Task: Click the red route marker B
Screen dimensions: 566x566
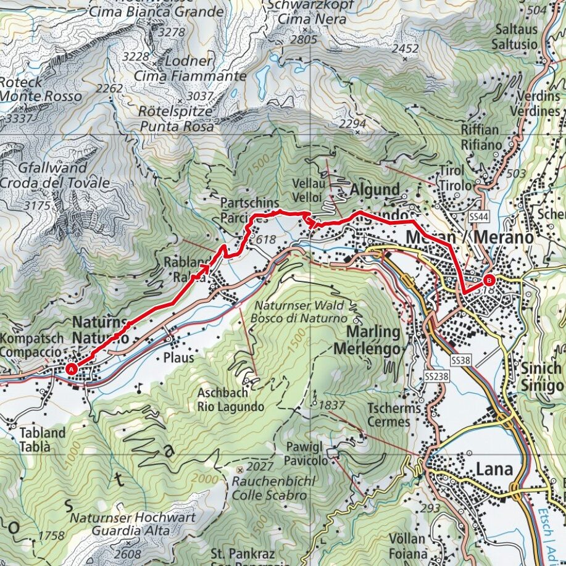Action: [488, 278]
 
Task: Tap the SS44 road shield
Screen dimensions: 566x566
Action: [478, 217]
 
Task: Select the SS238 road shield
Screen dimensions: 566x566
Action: [436, 375]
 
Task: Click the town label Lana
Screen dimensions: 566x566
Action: [494, 470]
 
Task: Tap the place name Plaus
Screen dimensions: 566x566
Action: [179, 358]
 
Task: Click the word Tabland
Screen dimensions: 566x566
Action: [42, 433]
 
